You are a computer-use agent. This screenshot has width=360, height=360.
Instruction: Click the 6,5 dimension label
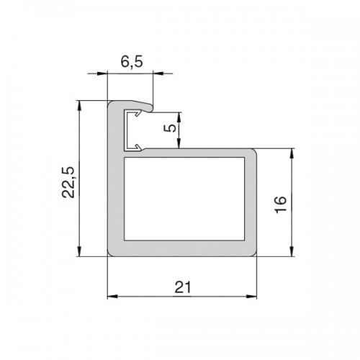(132, 62)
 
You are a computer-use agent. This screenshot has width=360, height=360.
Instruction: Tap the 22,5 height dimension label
(68, 182)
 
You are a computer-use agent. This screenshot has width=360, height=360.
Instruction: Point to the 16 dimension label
(280, 204)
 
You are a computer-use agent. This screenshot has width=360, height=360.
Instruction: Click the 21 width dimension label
(183, 287)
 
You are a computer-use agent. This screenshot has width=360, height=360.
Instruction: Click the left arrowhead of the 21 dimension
(112, 297)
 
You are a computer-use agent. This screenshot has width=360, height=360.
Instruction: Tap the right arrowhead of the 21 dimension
(251, 297)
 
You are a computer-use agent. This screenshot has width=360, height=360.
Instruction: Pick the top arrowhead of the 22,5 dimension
(79, 106)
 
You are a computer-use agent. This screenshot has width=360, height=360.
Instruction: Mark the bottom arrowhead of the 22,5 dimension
(79, 251)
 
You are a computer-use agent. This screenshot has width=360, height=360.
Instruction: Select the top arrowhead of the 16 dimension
(292, 154)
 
